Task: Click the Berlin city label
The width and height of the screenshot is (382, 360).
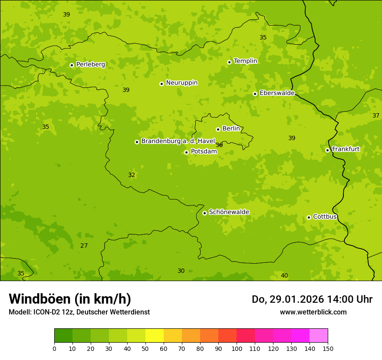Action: tap(231, 129)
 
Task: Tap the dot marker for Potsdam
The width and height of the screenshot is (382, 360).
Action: tap(186, 152)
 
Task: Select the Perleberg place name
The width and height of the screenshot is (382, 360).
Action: tap(90, 65)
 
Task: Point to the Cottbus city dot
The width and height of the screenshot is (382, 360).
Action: tap(309, 217)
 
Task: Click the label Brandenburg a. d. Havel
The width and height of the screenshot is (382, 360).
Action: tap(178, 141)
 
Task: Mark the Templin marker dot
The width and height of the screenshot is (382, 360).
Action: tap(229, 62)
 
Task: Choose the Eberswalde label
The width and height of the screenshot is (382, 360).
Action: tap(277, 93)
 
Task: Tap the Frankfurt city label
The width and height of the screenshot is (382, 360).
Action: tap(346, 149)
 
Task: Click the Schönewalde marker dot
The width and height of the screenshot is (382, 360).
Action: tap(204, 213)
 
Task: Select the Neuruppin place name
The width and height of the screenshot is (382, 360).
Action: tap(182, 83)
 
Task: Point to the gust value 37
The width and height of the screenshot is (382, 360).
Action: tap(376, 115)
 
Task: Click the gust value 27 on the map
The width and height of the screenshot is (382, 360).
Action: tap(84, 245)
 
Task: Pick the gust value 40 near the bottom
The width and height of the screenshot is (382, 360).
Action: tap(284, 275)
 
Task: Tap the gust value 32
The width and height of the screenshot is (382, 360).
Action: tap(132, 175)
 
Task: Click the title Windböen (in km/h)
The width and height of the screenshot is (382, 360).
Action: tap(70, 299)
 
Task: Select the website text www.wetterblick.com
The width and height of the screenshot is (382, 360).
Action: tap(313, 312)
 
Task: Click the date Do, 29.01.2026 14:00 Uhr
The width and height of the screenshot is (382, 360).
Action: tap(312, 299)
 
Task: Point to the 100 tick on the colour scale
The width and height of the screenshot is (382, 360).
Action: tap(237, 348)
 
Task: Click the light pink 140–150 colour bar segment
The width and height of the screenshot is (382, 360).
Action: tap(319, 336)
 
